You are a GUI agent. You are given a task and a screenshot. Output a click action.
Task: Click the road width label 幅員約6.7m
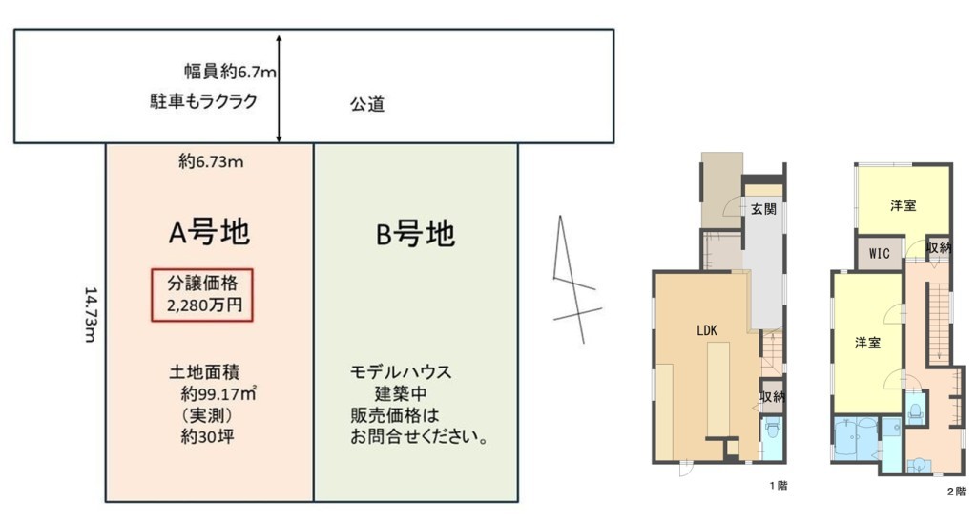tap(230, 72)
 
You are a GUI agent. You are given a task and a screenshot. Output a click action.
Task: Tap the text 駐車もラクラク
tap(204, 101)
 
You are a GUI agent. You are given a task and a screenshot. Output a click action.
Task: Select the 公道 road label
tap(367, 104)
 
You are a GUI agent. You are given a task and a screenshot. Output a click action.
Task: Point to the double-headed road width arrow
tap(280, 89)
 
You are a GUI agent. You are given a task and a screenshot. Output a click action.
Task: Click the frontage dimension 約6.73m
tap(211, 162)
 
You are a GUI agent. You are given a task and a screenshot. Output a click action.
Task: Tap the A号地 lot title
tap(209, 233)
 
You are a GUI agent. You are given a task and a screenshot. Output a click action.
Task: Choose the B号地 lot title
tap(415, 234)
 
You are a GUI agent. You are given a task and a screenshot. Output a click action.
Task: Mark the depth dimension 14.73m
tap(91, 314)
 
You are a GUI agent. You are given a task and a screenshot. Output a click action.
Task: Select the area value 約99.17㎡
tap(218, 394)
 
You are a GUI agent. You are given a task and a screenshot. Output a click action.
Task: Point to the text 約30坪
tap(207, 436)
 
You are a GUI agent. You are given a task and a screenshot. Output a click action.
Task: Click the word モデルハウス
tap(400, 372)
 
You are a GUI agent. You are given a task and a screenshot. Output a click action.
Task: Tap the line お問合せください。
tap(419, 436)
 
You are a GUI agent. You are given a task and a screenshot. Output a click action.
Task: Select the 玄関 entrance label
tap(763, 209)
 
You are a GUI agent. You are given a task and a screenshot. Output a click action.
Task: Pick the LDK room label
tap(707, 331)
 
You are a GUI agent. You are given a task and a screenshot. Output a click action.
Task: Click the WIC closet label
tap(879, 254)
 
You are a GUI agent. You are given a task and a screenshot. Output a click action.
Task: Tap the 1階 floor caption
tap(779, 486)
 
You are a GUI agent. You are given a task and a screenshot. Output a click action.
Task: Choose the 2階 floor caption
tap(956, 492)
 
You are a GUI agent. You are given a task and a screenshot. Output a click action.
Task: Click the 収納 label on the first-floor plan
tap(771, 396)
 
